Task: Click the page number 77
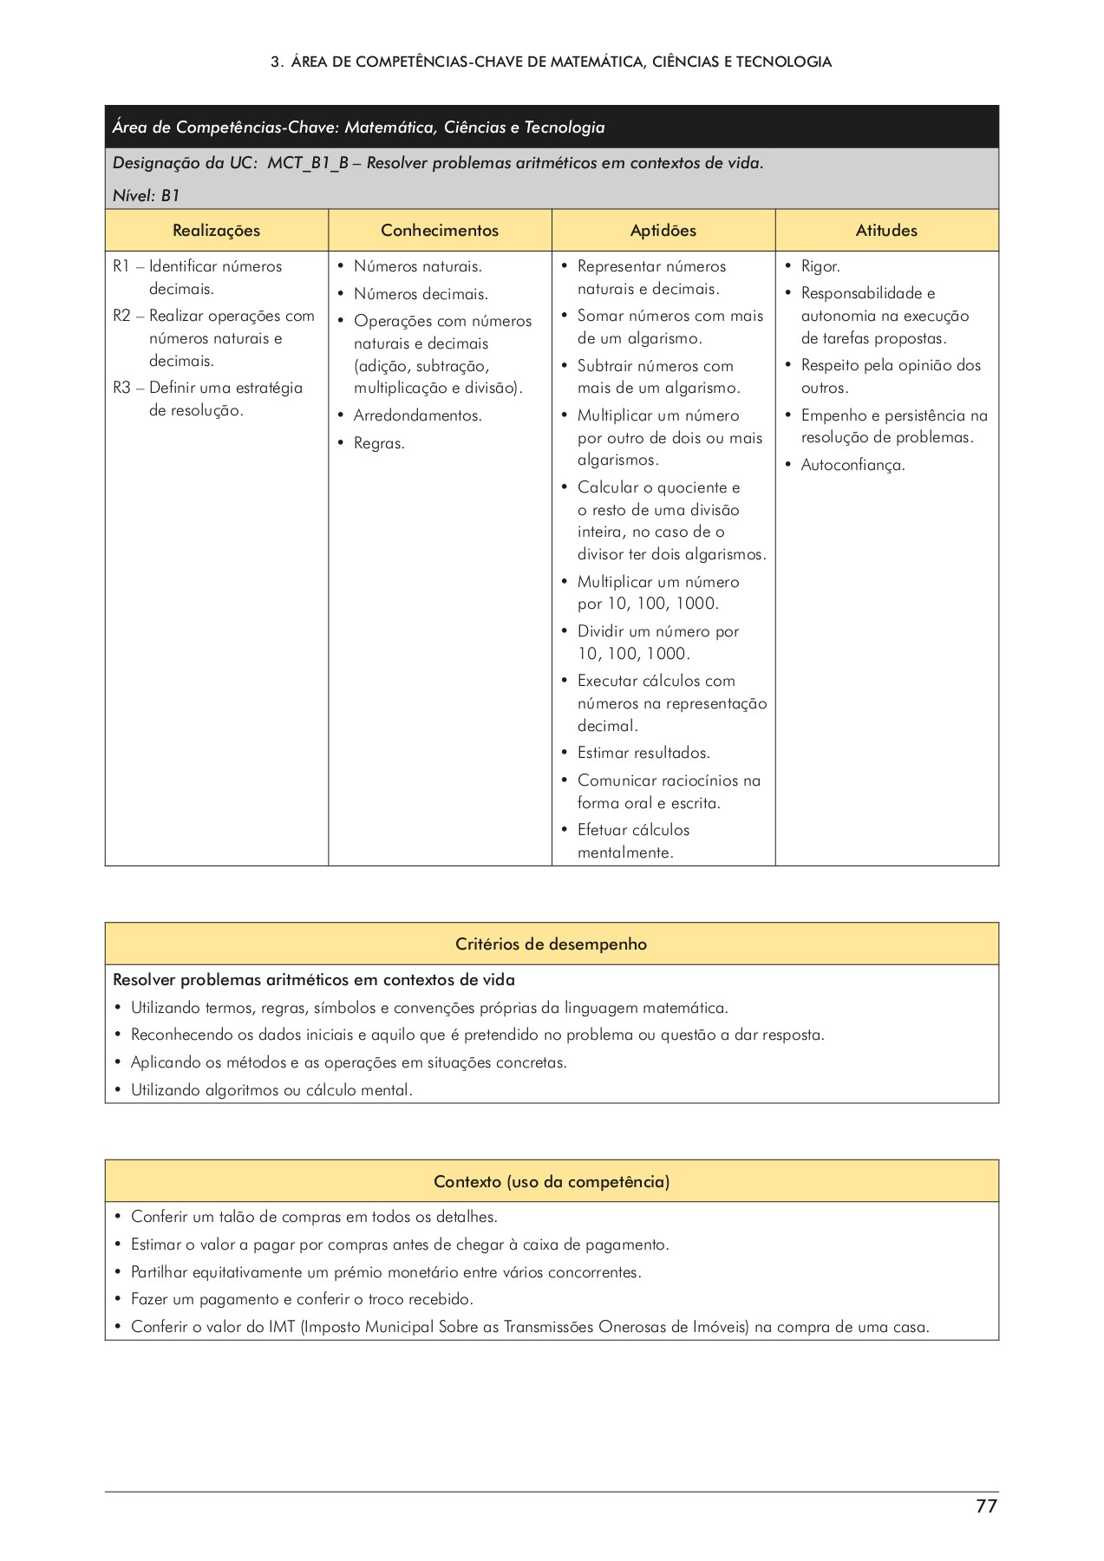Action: (x=986, y=1506)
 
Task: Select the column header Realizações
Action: (x=216, y=231)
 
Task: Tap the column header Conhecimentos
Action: (x=440, y=231)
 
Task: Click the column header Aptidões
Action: (x=663, y=231)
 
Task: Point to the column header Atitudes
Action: (x=886, y=231)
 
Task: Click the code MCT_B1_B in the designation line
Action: (x=307, y=163)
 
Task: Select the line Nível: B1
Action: (x=146, y=195)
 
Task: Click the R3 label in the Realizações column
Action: (x=121, y=388)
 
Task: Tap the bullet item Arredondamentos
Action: (x=417, y=415)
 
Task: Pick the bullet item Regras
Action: (x=379, y=443)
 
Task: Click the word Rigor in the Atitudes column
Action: (x=820, y=266)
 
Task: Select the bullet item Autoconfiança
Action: (x=852, y=465)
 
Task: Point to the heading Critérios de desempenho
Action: (x=552, y=944)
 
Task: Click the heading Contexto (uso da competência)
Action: (x=552, y=1182)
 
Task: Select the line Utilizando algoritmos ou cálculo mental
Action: (x=271, y=1090)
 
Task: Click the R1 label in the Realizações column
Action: (x=121, y=266)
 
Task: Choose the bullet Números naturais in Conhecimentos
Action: (x=417, y=266)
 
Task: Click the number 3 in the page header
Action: (x=275, y=62)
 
